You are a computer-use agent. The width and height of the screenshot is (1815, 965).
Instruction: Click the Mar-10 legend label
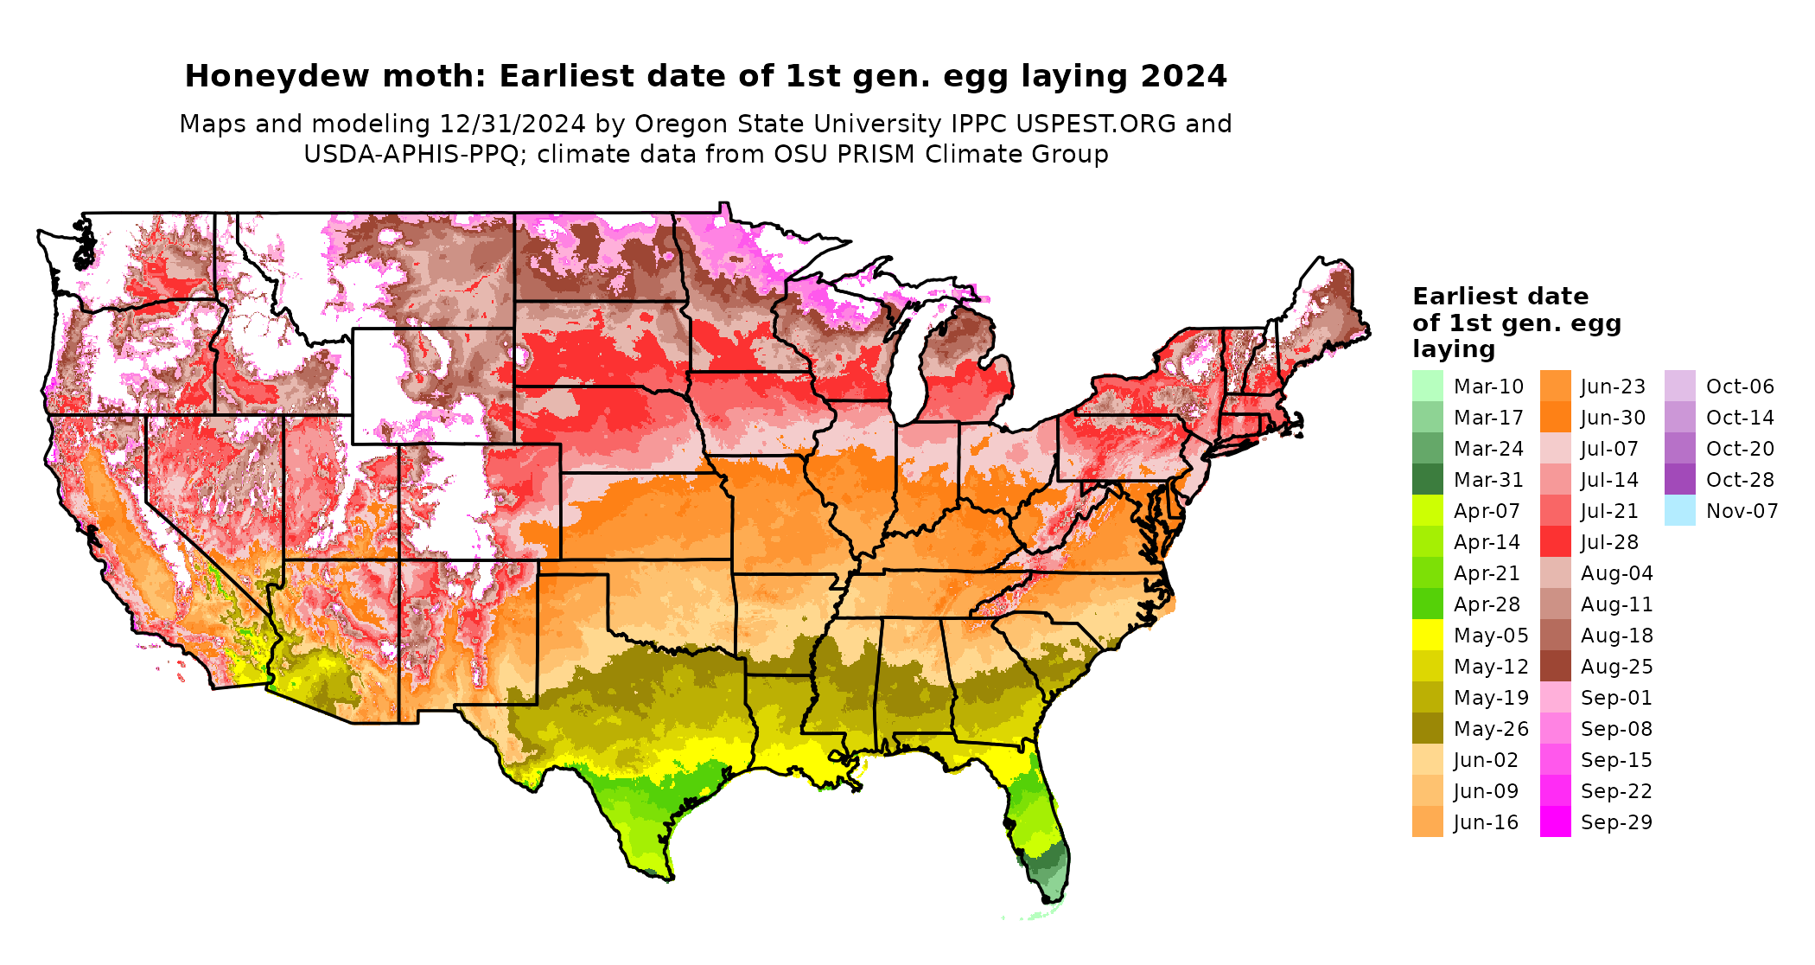click(x=1488, y=387)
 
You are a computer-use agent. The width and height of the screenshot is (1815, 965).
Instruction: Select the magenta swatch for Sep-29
click(x=1555, y=822)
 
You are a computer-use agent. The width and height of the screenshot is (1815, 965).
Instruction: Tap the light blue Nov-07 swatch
click(x=1679, y=511)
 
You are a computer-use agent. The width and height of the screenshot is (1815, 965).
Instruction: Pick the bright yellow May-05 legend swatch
click(x=1427, y=636)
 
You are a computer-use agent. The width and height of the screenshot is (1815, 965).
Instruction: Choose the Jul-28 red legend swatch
click(x=1555, y=542)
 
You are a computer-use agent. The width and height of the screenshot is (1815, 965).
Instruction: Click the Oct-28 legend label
click(x=1740, y=480)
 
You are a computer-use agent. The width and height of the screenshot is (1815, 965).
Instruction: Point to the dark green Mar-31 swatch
click(x=1427, y=480)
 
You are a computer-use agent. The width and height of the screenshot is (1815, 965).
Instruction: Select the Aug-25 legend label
click(x=1616, y=667)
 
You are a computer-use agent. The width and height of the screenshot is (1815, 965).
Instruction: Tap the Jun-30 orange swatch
click(x=1555, y=418)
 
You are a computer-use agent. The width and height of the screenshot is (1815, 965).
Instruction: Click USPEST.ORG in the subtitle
click(x=1096, y=125)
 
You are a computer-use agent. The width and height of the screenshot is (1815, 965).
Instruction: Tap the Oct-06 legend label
click(x=1740, y=387)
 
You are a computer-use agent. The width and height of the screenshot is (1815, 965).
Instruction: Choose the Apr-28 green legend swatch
click(x=1427, y=604)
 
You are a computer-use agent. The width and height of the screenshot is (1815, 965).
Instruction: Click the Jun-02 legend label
click(x=1486, y=760)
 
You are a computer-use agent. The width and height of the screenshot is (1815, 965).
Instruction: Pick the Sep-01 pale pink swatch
click(x=1555, y=698)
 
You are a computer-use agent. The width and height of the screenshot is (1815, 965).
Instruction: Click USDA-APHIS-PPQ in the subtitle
click(x=411, y=155)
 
